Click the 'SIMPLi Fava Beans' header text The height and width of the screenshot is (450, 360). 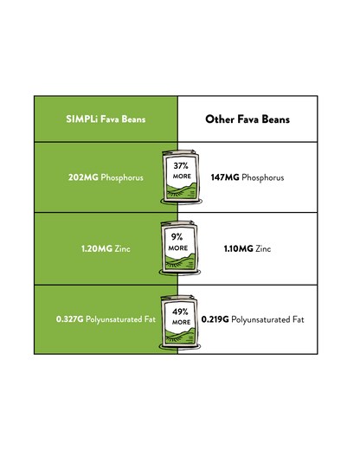[x=106, y=119]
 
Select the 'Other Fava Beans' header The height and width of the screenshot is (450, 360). [x=247, y=119]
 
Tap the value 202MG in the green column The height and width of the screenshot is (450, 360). [x=83, y=177]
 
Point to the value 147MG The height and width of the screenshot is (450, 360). [x=225, y=177]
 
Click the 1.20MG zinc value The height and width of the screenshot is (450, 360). [x=97, y=248]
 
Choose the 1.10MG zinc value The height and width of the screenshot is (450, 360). [x=239, y=248]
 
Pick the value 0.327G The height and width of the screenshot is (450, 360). [x=70, y=319]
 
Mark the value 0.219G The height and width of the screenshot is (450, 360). [x=215, y=319]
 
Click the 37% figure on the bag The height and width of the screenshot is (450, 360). [x=181, y=166]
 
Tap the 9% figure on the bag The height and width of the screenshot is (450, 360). [x=177, y=237]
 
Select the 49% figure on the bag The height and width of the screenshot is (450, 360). [x=180, y=312]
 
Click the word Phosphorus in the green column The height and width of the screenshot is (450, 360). [x=122, y=177]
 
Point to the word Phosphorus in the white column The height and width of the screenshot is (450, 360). [x=263, y=177]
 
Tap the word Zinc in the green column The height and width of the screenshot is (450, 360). [x=122, y=248]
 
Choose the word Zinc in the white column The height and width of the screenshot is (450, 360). [x=263, y=248]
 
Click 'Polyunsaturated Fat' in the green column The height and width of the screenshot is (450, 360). [x=120, y=319]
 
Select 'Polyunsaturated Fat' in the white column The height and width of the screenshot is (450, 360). [x=267, y=320]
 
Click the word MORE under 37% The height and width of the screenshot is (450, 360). [x=182, y=177]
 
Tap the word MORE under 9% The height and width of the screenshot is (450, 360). [x=178, y=248]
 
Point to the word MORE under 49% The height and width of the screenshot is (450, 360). [x=181, y=322]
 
